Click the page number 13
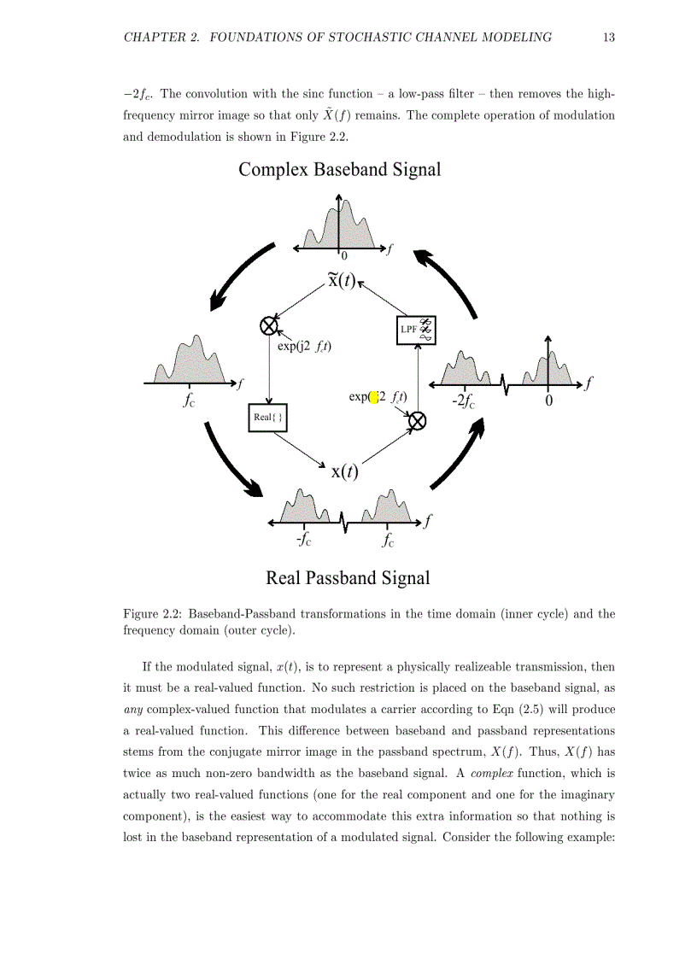tap(608, 37)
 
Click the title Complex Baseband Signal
tap(339, 169)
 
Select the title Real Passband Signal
tap(348, 578)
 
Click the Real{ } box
tap(268, 418)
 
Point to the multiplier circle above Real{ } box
tap(269, 325)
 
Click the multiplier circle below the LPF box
tap(417, 420)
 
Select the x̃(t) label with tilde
tap(341, 279)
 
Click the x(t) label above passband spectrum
tap(344, 471)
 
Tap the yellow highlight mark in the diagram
tap(373, 397)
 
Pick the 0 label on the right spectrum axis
tap(548, 401)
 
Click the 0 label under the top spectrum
tap(344, 255)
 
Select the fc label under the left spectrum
tap(189, 400)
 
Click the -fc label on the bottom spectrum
tap(303, 540)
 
